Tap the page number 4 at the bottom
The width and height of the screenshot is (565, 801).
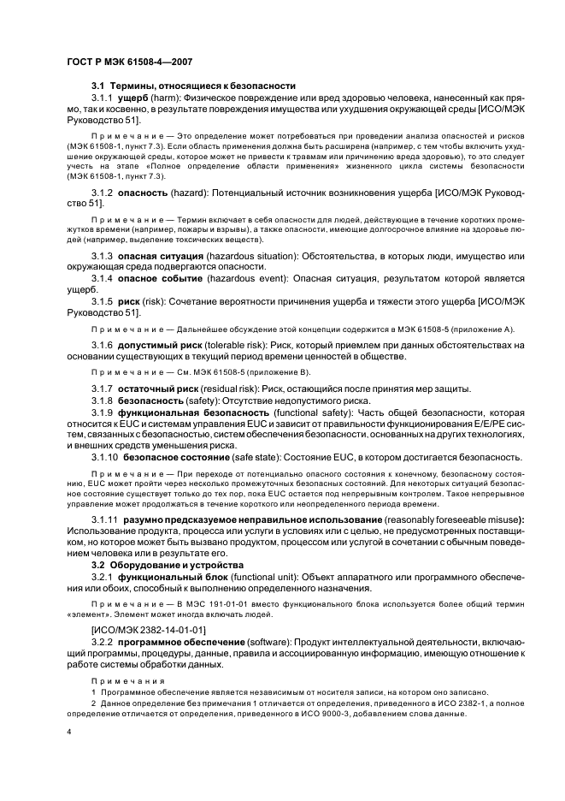coord(68,733)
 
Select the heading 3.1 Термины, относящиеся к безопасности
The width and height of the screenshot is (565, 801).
coord(193,86)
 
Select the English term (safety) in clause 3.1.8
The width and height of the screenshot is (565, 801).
coord(205,400)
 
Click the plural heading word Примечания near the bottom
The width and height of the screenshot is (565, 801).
coord(121,680)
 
